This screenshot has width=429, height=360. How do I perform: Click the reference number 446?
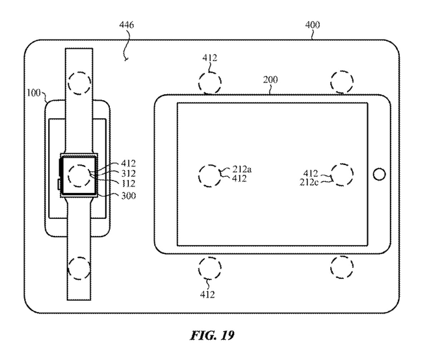coord(127,25)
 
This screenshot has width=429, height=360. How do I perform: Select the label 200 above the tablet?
coord(270,80)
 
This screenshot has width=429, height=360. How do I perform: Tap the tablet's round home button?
coord(378,174)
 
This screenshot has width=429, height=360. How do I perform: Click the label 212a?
coord(242,170)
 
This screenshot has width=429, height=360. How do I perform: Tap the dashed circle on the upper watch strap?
coord(81,83)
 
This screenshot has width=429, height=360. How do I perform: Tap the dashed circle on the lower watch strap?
coord(81,267)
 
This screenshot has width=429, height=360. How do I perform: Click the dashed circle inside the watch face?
coord(80,175)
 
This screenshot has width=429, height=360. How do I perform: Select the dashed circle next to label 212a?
coord(211,175)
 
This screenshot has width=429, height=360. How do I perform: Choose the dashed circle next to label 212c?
coord(343,174)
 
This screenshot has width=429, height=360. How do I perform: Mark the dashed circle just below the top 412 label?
coord(211,83)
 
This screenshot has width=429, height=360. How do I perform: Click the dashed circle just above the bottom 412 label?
coord(211,267)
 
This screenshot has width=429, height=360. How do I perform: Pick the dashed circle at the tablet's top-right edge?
coord(342,82)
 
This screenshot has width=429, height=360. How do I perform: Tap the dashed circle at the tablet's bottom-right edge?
coord(342,266)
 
